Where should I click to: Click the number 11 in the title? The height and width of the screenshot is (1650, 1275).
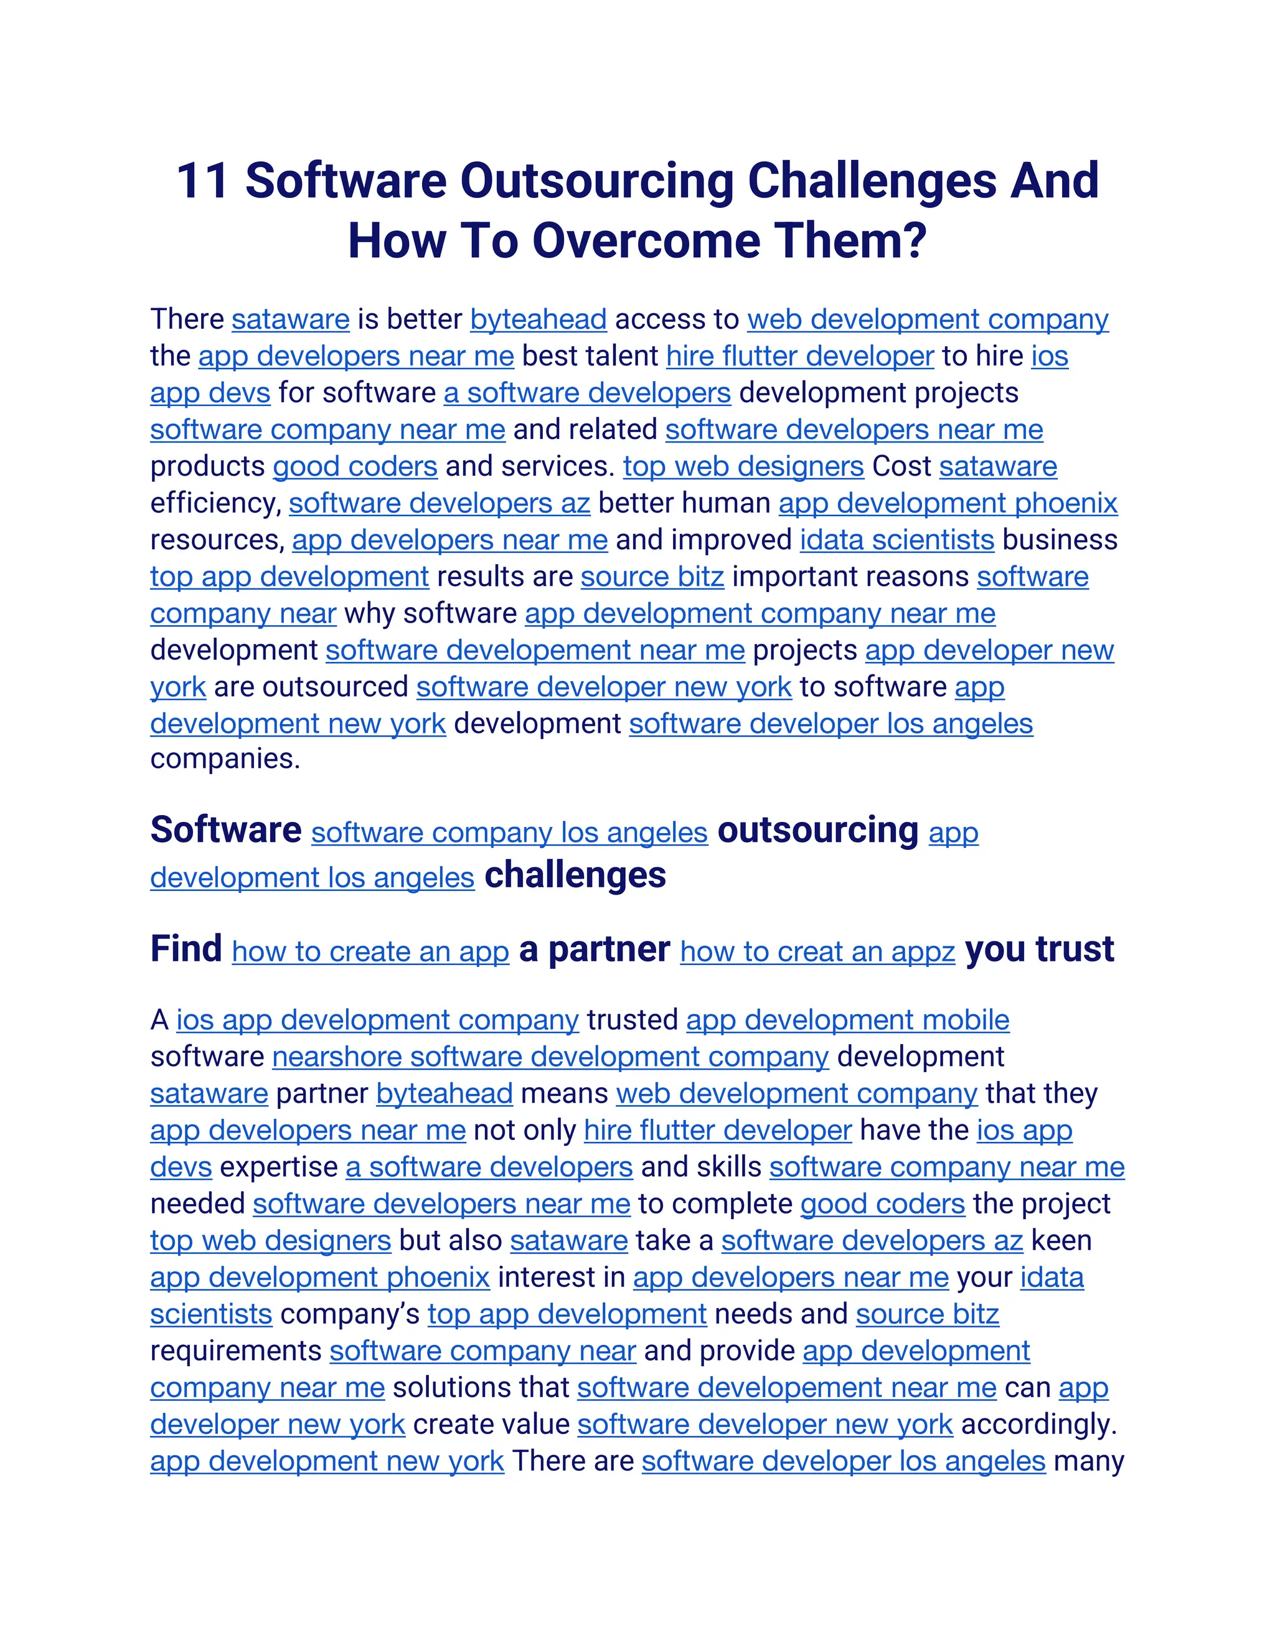(x=202, y=181)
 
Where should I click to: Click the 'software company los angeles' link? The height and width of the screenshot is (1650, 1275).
(x=509, y=832)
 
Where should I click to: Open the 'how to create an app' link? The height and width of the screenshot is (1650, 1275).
(x=370, y=951)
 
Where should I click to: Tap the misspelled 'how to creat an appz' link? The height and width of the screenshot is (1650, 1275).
(x=817, y=951)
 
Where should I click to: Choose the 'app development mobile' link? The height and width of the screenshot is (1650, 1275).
(x=847, y=1020)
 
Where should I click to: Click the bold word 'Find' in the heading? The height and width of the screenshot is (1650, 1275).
(x=186, y=949)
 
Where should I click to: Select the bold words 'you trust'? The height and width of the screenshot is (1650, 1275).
(x=1039, y=949)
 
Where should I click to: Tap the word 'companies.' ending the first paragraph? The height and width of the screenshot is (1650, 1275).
(x=225, y=758)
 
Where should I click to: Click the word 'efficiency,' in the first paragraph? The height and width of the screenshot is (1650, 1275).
(x=215, y=503)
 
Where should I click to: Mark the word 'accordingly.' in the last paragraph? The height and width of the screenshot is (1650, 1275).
(x=1038, y=1424)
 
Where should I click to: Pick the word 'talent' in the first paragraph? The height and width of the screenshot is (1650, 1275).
(x=624, y=356)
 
